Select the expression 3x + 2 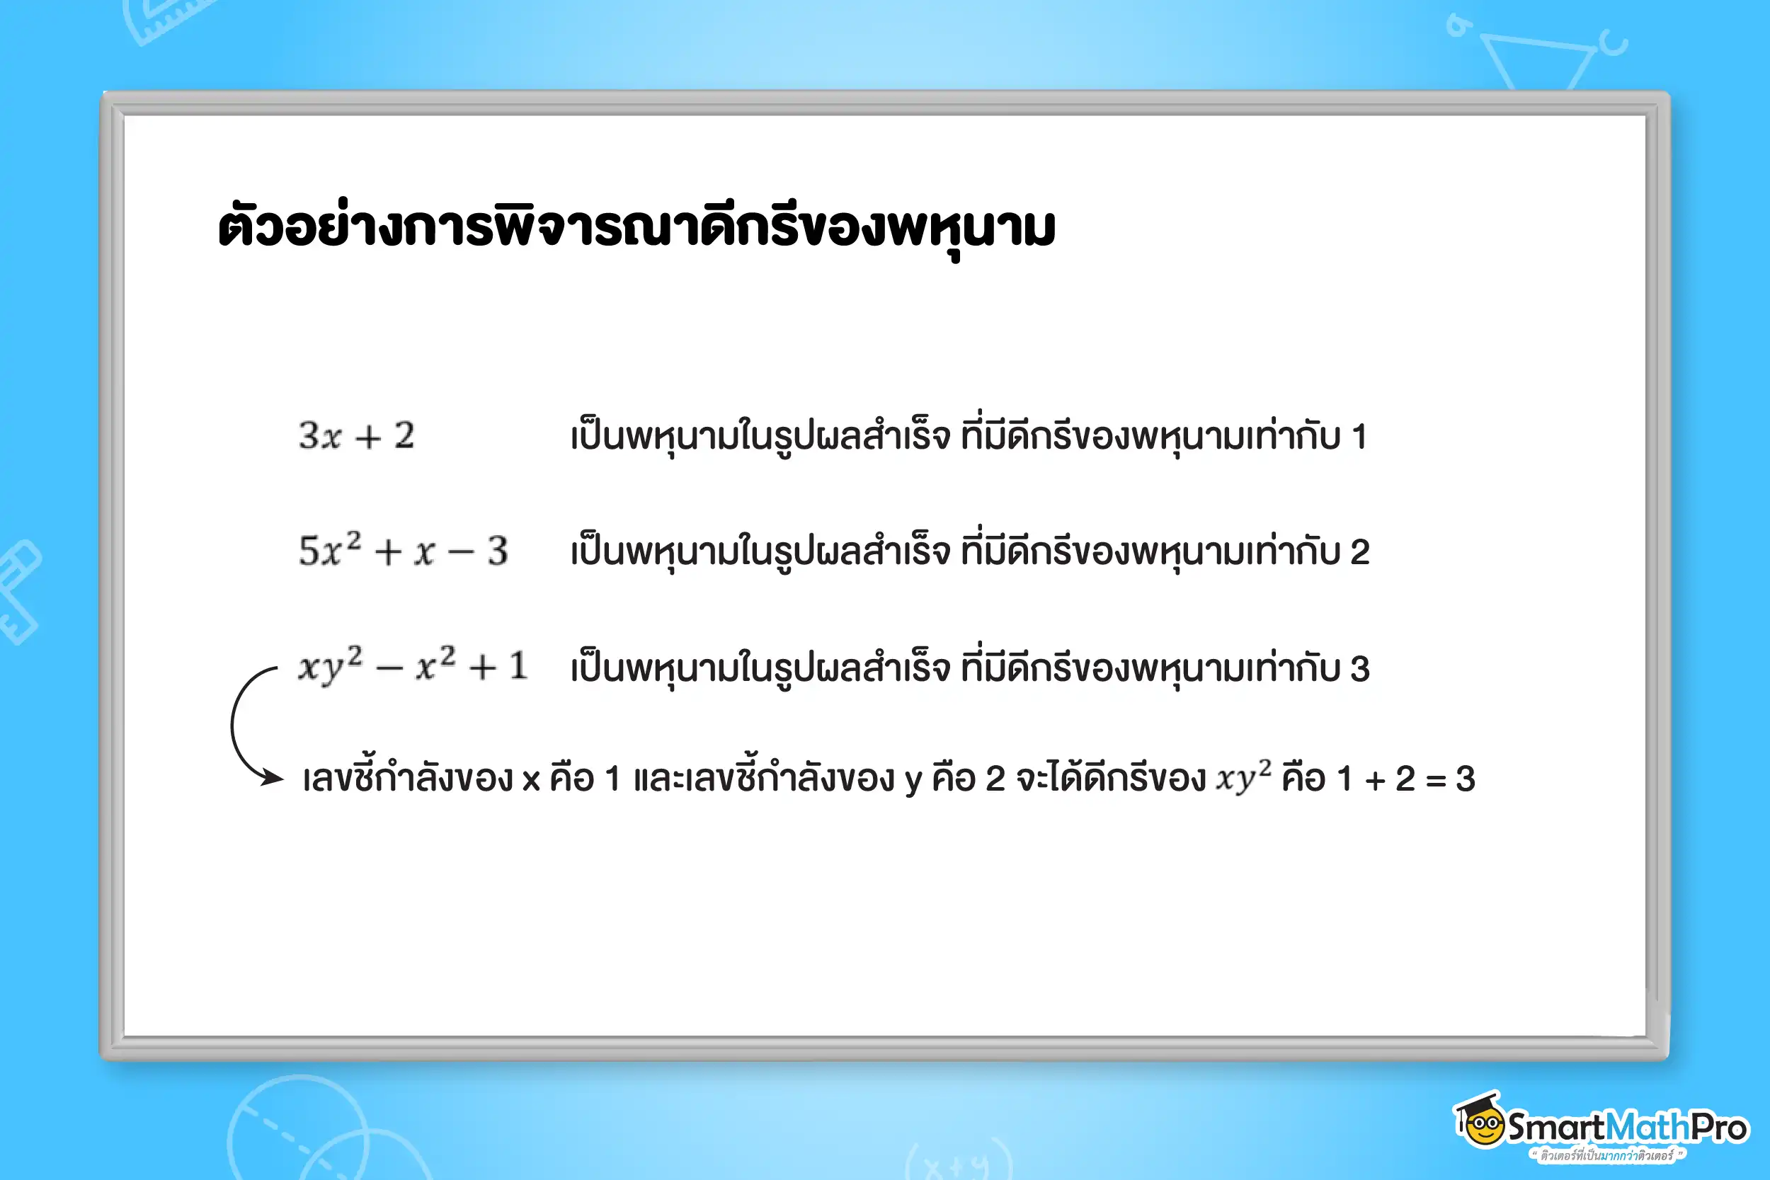coord(356,436)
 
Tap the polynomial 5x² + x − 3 coord(404,551)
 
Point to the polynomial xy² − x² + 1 coord(412,667)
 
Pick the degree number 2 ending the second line coord(1359,552)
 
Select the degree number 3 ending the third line coord(1359,669)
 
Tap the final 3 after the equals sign coord(1464,779)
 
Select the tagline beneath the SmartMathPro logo coord(1607,1155)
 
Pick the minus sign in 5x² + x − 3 coord(461,553)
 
